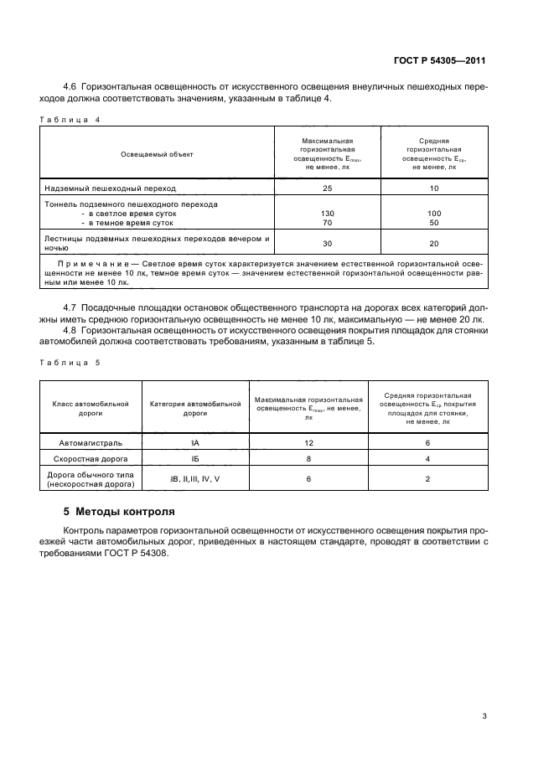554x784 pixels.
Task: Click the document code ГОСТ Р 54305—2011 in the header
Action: [x=440, y=60]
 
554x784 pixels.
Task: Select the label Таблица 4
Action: [x=70, y=119]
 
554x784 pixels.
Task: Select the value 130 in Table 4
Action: [x=328, y=214]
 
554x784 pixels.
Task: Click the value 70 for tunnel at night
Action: [x=328, y=224]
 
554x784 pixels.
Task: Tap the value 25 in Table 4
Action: [x=328, y=188]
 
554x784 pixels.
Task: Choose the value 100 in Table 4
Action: [x=434, y=214]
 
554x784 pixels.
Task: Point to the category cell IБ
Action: [x=194, y=460]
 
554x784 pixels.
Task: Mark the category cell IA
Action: [x=194, y=442]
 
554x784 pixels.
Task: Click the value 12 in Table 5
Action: [x=308, y=442]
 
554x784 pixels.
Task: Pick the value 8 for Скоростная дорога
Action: [x=308, y=460]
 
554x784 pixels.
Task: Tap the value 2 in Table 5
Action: [x=427, y=478]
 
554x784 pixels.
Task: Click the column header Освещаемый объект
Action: [x=158, y=154]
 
